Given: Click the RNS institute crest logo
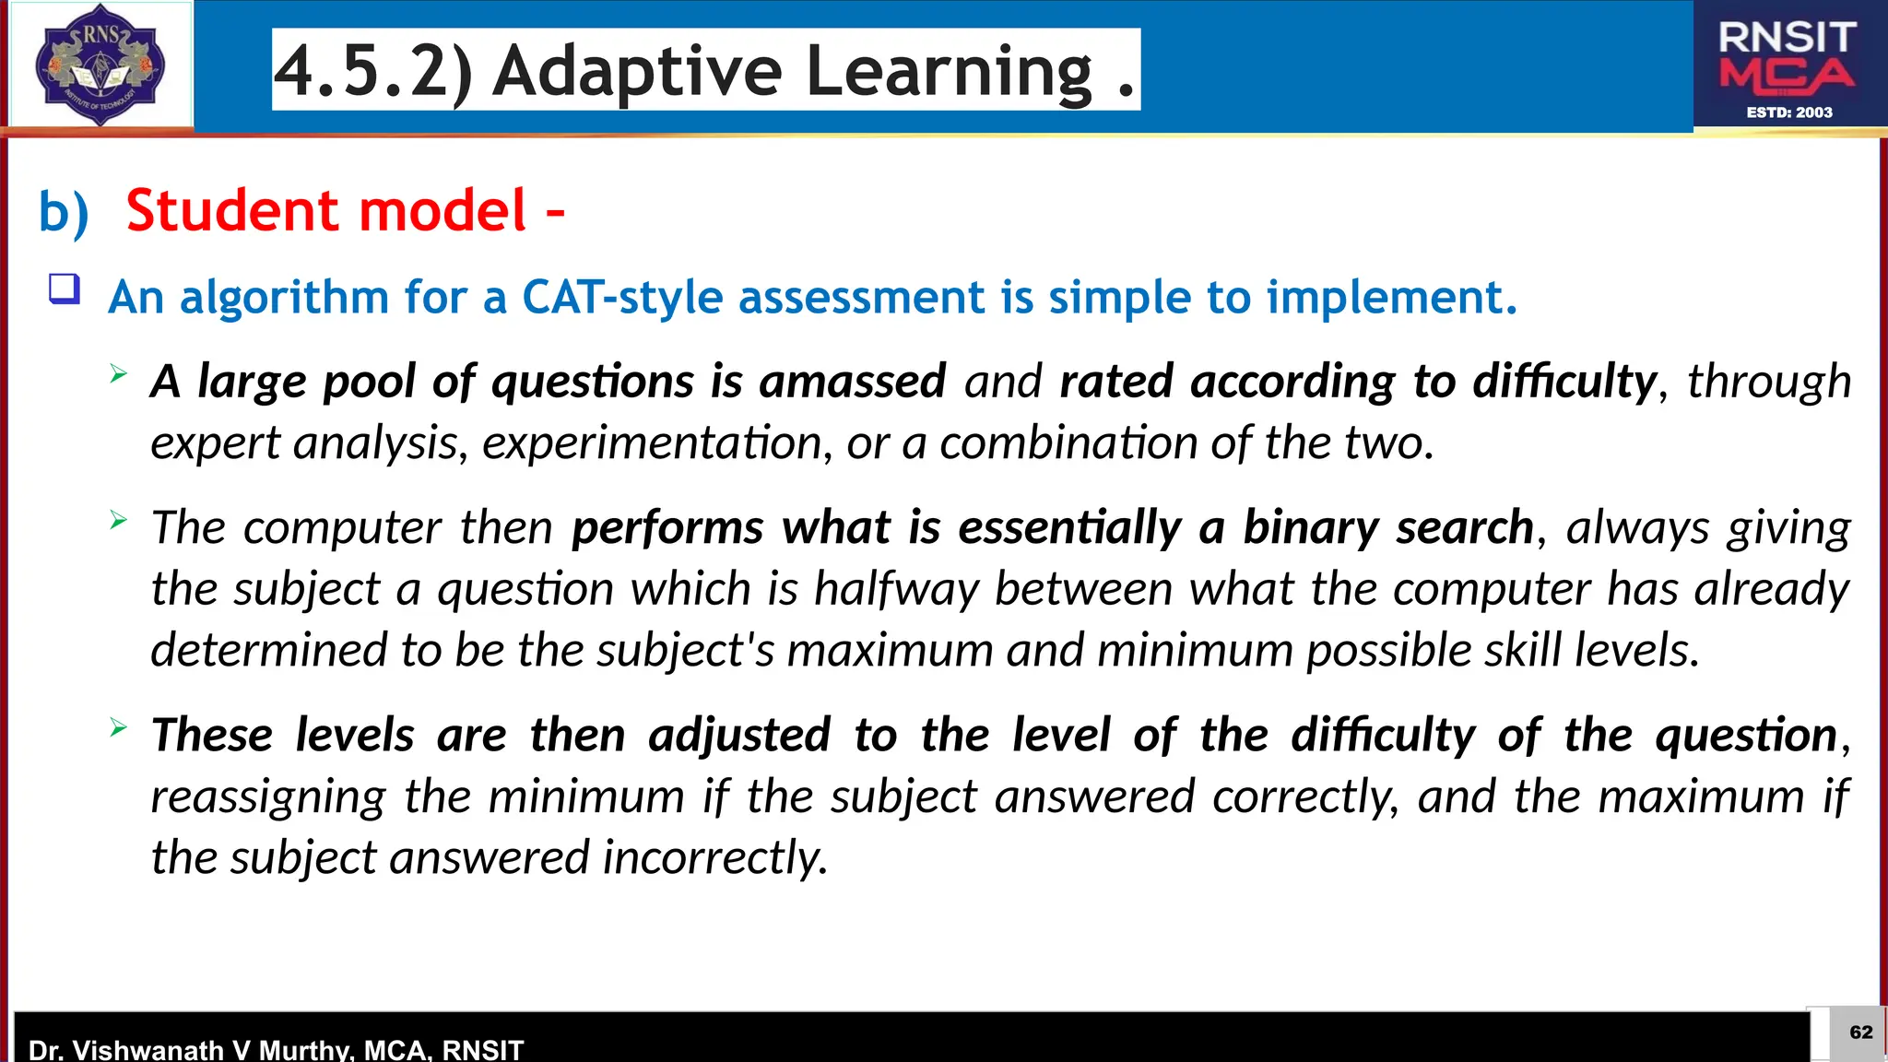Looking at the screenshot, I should (x=100, y=65).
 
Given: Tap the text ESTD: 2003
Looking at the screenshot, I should (x=1789, y=112).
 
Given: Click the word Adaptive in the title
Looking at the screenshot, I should (x=637, y=72).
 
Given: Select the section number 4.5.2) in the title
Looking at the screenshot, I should (x=374, y=72).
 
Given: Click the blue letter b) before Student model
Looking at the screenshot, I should (x=64, y=212).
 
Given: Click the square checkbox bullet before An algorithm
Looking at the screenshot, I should (x=65, y=289).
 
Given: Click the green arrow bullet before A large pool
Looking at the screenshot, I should (x=118, y=373).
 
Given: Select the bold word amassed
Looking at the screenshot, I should (x=852, y=382).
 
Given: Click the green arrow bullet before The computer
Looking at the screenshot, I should (x=118, y=520).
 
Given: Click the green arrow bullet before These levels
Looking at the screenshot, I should (x=118, y=727).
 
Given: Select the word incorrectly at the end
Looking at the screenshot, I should (x=714, y=858).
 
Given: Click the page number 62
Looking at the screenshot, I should (x=1860, y=1032).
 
